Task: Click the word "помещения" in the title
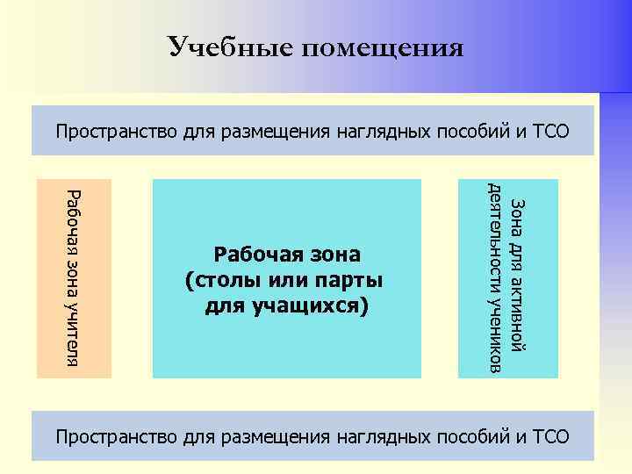pos(383,47)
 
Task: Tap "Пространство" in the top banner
pos(117,133)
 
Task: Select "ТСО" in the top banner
pos(550,133)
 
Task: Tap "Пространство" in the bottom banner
pos(117,435)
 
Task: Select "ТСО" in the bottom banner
pos(550,435)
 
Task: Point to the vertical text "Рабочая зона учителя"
pos(74,277)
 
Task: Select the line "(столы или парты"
pos(284,281)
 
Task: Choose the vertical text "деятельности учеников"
pos(496,278)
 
